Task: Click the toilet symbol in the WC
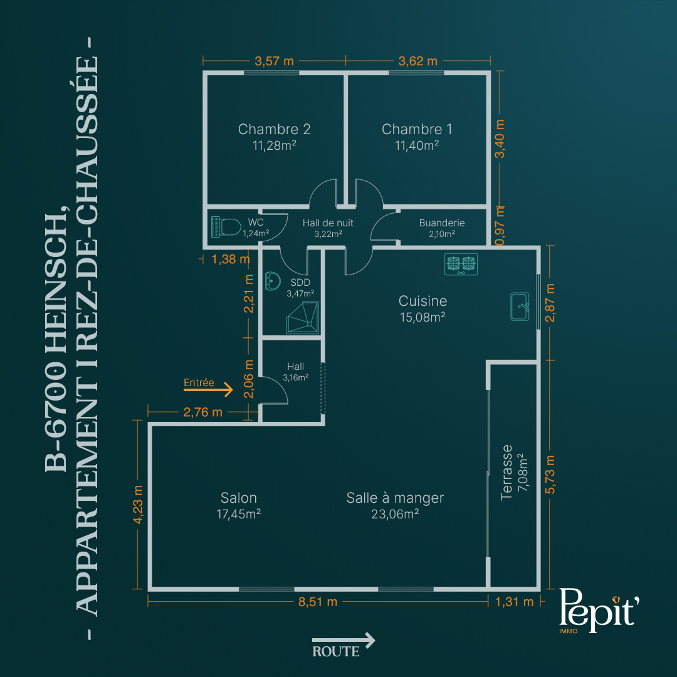pos(226,227)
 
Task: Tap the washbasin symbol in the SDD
pos(272,281)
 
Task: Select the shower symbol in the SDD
pos(303,317)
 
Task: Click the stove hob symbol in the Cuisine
pos(461,264)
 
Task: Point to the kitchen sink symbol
pos(520,307)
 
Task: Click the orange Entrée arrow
pos(208,391)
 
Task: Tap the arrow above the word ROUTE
pos(344,640)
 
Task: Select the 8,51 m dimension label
pos(318,602)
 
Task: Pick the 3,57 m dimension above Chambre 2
pos(274,61)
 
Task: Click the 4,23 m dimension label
pos(138,504)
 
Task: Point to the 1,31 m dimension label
pos(514,602)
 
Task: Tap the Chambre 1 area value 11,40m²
pos(417,145)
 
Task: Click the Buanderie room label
pos(442,223)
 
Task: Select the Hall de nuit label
pos(328,223)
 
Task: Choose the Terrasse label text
pos(506,473)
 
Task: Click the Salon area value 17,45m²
pos(239,514)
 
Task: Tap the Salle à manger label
pos(395,498)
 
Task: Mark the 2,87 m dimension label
pos(550,303)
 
